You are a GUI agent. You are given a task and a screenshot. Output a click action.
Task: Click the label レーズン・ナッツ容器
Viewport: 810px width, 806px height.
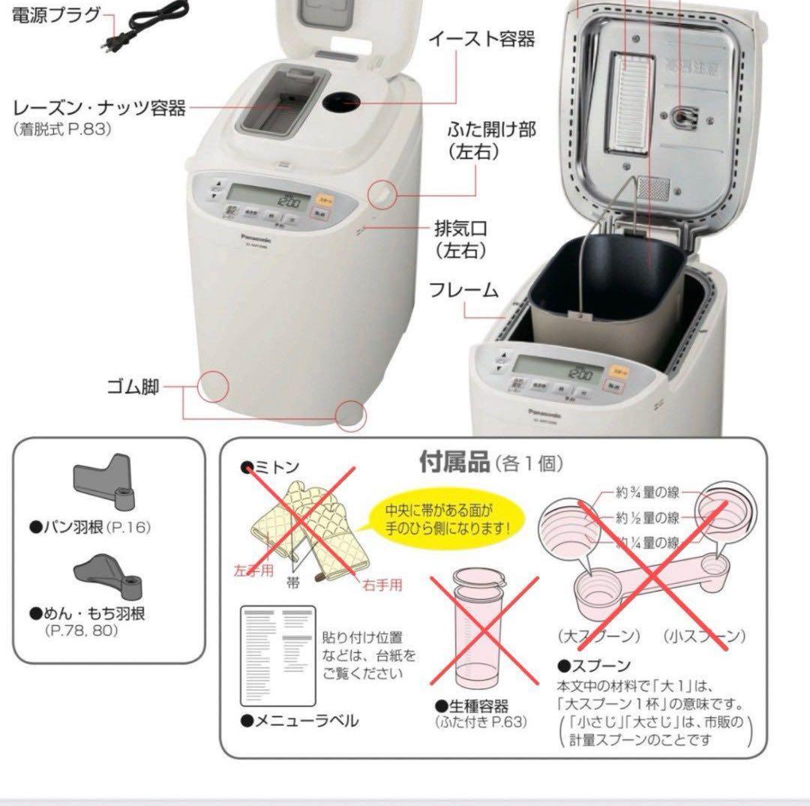[x=99, y=109]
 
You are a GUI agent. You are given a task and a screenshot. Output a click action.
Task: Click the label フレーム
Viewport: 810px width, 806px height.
[x=464, y=289]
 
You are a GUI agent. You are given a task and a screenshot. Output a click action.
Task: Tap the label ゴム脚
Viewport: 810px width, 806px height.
[x=132, y=388]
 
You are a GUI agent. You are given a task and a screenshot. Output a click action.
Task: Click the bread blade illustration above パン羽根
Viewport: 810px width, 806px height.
[x=105, y=483]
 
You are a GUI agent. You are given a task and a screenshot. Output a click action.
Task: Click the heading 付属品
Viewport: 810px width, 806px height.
[x=452, y=462]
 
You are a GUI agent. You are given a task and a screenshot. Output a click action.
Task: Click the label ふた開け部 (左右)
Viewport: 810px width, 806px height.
[x=492, y=139]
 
